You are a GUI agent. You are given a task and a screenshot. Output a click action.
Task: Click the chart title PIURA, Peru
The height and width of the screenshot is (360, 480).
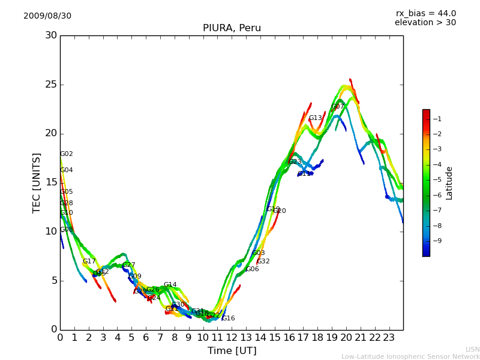pyautogui.click(x=232, y=28)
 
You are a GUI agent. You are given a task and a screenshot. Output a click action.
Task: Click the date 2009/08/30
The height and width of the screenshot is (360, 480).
pyautogui.click(x=47, y=16)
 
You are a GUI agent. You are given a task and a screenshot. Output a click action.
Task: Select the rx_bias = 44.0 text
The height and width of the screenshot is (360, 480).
pyautogui.click(x=426, y=14)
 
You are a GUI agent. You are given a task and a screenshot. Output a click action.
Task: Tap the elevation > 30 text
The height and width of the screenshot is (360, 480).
pyautogui.click(x=425, y=23)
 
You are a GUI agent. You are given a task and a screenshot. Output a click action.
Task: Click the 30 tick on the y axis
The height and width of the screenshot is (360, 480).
pyautogui.click(x=51, y=35)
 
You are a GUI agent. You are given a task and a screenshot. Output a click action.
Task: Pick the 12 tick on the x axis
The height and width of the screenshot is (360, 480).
pyautogui.click(x=232, y=338)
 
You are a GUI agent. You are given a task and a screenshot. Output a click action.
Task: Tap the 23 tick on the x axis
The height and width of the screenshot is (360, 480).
pyautogui.click(x=389, y=338)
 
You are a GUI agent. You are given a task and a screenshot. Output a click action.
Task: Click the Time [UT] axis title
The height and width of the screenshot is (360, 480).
pyautogui.click(x=232, y=351)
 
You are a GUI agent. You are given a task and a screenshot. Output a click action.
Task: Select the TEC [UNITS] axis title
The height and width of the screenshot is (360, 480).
pyautogui.click(x=37, y=182)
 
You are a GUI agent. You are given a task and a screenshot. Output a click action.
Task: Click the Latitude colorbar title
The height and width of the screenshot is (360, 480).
pyautogui.click(x=449, y=183)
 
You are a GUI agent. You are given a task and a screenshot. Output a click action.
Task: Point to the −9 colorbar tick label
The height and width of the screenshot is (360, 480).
pyautogui.click(x=437, y=241)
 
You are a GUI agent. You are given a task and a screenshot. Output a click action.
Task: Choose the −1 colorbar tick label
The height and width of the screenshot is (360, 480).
pyautogui.click(x=437, y=119)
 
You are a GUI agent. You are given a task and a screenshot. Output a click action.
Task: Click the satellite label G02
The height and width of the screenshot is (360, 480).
pyautogui.click(x=67, y=154)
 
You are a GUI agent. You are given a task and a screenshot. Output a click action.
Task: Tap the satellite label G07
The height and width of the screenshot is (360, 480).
pyautogui.click(x=338, y=107)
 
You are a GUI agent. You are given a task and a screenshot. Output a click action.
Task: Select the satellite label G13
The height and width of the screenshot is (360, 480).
pyautogui.click(x=316, y=118)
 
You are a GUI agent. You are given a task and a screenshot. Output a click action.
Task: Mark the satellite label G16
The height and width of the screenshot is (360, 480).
pyautogui.click(x=229, y=319)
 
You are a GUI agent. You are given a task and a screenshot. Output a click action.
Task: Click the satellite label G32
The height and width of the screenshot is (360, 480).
pyautogui.click(x=263, y=262)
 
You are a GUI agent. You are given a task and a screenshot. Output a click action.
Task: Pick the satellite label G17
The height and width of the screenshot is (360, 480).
pyautogui.click(x=89, y=262)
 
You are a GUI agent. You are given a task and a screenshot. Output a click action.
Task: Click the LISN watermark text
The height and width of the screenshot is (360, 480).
pyautogui.click(x=472, y=349)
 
